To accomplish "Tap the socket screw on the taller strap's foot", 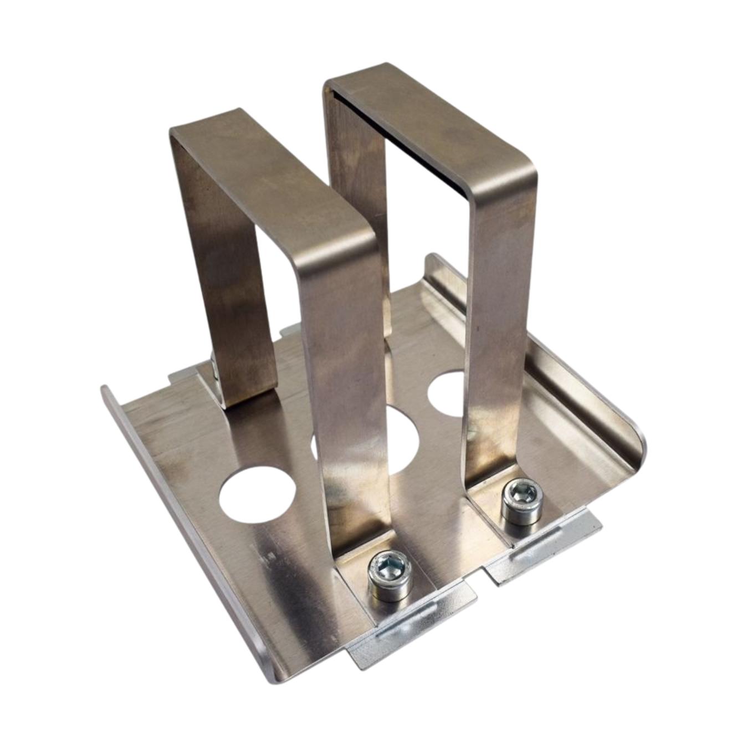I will pos(521,500).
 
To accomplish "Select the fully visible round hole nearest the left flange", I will pos(257,493).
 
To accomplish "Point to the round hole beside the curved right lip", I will pos(447,393).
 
